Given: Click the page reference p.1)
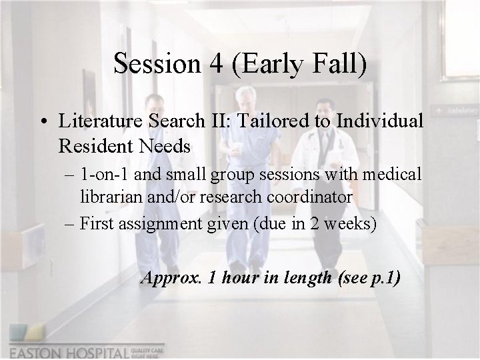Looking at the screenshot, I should tap(385, 278).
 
